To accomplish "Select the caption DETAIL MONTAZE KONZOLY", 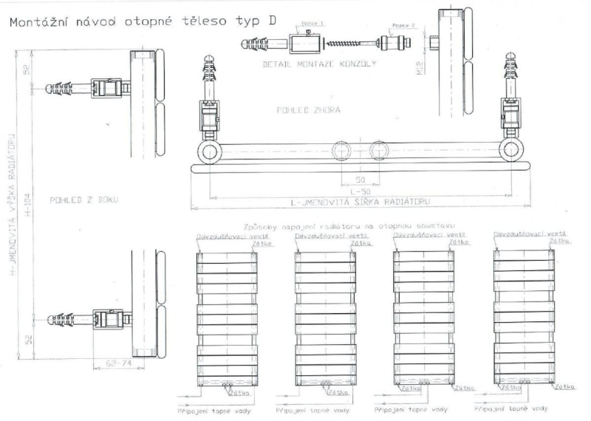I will click(320, 64).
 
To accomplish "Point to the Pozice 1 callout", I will click(305, 24).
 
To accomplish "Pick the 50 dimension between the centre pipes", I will click(359, 180).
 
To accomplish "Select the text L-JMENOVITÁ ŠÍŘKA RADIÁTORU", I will click(359, 202).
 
